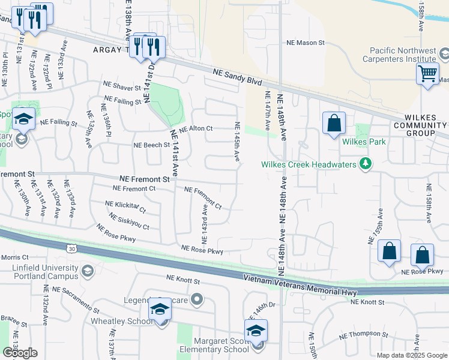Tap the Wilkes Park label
[364, 142]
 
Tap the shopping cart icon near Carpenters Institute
[427, 74]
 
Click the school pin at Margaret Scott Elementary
[256, 331]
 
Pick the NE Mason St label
[305, 43]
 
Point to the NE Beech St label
[151, 145]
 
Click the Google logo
[20, 352]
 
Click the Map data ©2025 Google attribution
[412, 355]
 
